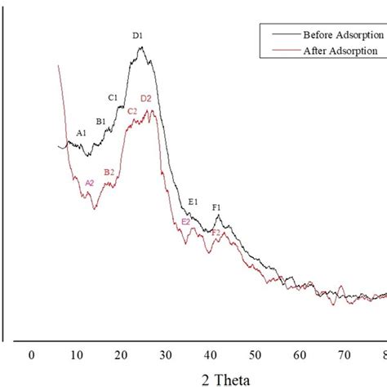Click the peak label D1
tap(138, 36)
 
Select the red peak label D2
tap(146, 99)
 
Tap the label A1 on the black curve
tap(82, 132)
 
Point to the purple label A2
tap(90, 183)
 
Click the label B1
tap(101, 122)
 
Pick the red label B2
tap(109, 171)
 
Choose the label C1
tap(113, 98)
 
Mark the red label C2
tap(132, 111)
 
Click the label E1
tap(193, 202)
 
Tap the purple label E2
tap(186, 221)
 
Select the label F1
tap(217, 207)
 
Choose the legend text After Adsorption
tap(340, 50)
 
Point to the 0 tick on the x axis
tap(31, 354)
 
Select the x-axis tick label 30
tap(166, 354)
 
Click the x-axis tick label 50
tap(256, 354)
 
